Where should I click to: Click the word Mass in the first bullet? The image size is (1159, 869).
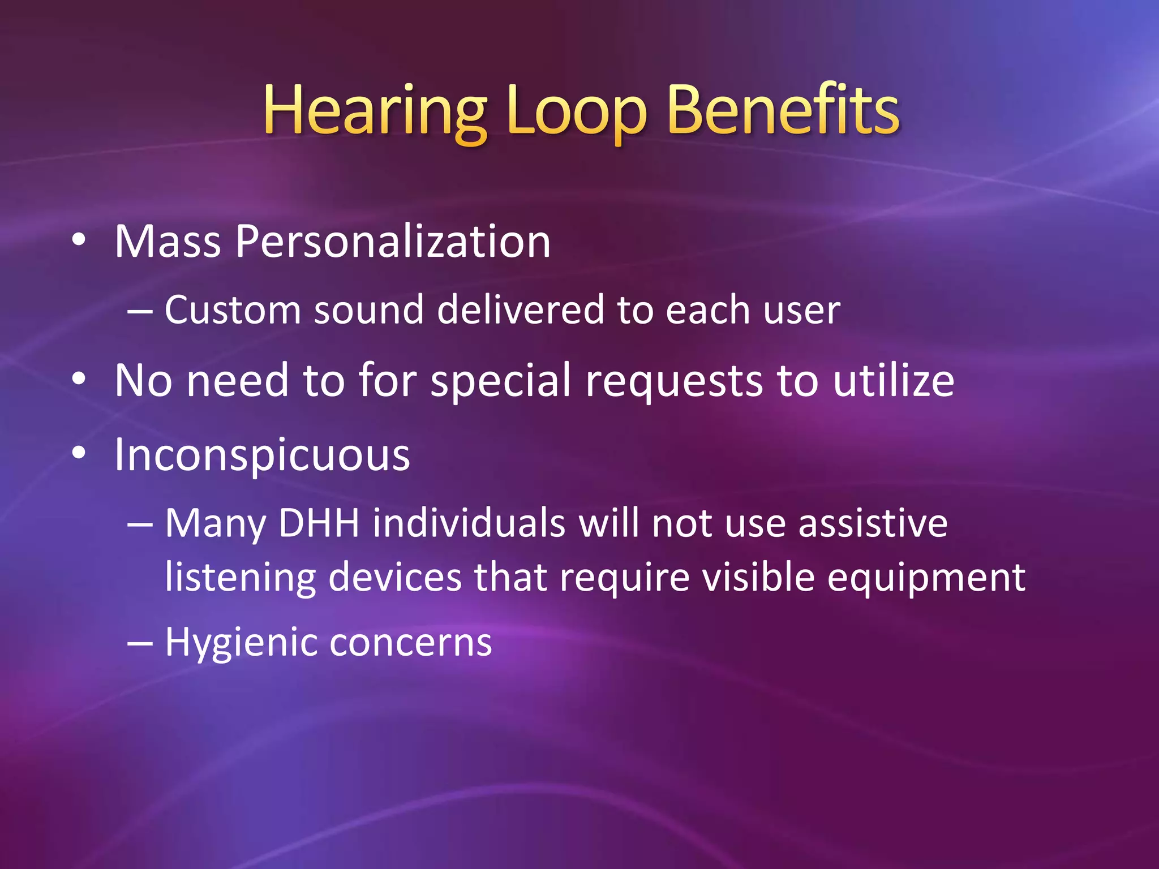(x=168, y=242)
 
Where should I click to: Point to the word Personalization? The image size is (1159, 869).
(x=393, y=243)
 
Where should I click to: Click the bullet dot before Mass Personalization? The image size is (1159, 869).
(x=79, y=240)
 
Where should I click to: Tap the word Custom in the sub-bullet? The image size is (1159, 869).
(x=232, y=310)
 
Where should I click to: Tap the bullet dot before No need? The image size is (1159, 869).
(x=79, y=379)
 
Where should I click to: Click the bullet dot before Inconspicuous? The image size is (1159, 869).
(x=79, y=453)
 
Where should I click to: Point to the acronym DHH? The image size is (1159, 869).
(x=319, y=523)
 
